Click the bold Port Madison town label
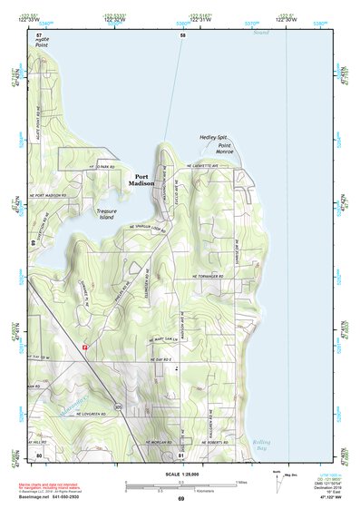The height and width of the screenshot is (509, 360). click(142, 180)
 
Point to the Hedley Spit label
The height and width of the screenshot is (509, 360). click(213, 138)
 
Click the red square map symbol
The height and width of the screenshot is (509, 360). click(85, 346)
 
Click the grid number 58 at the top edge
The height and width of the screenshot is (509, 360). click(182, 34)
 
